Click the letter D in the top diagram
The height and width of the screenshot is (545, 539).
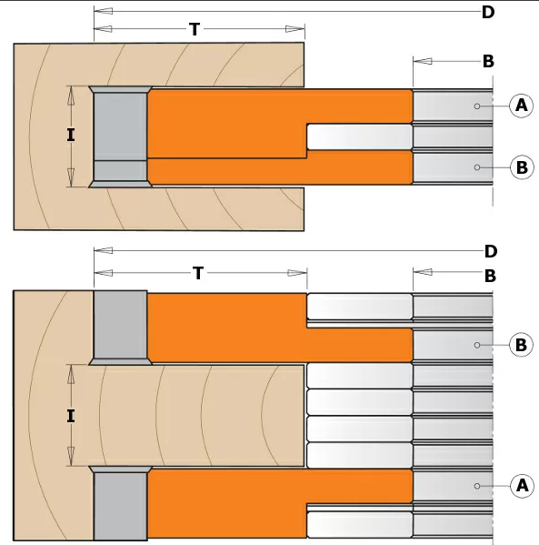488,12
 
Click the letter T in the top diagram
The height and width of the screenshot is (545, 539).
195,29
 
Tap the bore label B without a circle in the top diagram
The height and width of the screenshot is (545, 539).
488,62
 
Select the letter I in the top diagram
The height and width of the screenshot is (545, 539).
71,135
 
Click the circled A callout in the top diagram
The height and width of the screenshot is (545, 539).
521,106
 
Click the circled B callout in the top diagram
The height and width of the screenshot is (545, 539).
522,167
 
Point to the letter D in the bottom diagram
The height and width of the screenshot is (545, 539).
491,251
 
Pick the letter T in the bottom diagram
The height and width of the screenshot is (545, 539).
198,273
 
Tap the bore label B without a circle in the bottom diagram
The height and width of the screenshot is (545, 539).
490,276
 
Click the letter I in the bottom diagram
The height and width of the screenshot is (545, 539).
71,416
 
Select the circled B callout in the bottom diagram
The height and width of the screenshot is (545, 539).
521,345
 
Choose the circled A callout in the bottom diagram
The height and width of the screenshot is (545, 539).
522,486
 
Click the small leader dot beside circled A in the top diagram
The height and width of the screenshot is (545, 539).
477,106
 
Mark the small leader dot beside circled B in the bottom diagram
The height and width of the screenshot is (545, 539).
477,345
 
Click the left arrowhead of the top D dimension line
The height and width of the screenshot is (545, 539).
103,11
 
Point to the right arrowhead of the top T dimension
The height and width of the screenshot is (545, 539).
295,29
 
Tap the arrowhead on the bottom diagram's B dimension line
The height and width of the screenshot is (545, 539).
423,272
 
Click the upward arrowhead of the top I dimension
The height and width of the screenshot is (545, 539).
71,96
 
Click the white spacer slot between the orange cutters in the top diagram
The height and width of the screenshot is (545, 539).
360,137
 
